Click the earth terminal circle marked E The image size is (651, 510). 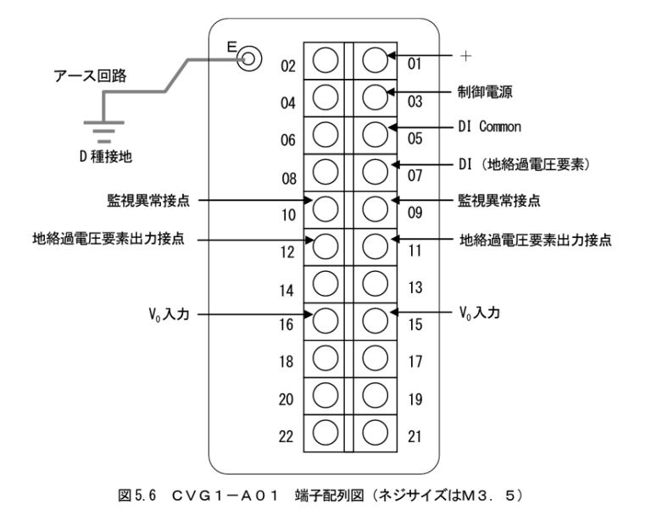[x=248, y=59]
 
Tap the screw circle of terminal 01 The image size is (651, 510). [x=374, y=58]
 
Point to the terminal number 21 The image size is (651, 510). [x=413, y=435]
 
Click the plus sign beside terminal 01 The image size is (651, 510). [x=465, y=57]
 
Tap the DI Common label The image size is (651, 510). [x=490, y=127]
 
